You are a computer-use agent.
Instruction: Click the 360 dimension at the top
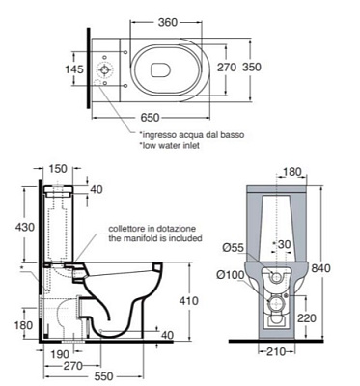168,22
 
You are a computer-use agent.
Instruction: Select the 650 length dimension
150,118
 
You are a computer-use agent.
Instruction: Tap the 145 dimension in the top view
74,69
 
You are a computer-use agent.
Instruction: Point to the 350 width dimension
252,68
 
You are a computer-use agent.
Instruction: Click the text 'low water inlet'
169,145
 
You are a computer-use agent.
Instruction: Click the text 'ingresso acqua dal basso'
191,134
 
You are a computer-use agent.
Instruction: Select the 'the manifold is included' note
155,238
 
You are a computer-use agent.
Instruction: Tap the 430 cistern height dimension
25,227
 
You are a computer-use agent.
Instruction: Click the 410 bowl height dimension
189,301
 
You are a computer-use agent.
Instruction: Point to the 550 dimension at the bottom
104,376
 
